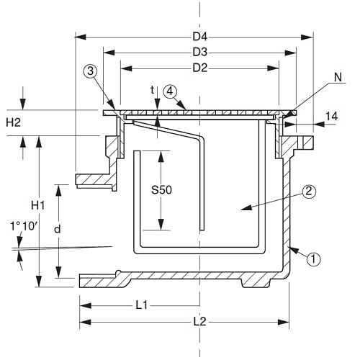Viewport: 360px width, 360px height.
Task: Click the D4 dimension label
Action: click(x=200, y=37)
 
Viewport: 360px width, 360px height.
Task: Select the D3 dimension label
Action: click(x=200, y=52)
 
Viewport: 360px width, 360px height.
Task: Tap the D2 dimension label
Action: click(x=200, y=68)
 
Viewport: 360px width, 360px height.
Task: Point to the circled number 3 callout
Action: click(x=90, y=71)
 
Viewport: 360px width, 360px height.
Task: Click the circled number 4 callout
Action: click(x=170, y=91)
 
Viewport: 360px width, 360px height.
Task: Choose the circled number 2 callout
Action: click(x=309, y=192)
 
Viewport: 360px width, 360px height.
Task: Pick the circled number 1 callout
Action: click(x=313, y=259)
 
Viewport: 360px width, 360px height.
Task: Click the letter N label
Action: click(x=338, y=77)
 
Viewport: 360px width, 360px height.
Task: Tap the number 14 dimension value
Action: click(x=331, y=117)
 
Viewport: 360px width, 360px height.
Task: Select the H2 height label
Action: click(x=13, y=122)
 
